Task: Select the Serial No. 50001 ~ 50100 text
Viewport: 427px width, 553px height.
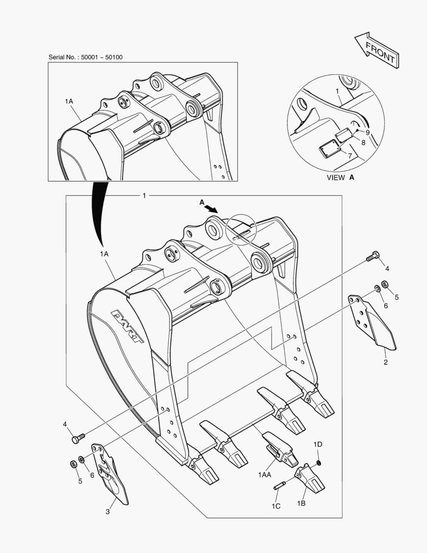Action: [85, 57]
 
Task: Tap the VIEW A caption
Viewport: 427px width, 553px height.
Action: [340, 178]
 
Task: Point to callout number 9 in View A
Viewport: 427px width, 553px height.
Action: [367, 132]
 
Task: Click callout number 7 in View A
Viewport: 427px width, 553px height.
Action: [350, 155]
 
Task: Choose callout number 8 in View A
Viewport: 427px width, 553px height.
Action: [363, 143]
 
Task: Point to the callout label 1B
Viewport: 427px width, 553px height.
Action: [301, 503]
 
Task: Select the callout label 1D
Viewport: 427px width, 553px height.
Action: [318, 444]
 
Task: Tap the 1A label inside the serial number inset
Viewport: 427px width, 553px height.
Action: [69, 102]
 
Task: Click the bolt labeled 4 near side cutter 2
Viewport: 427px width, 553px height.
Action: [372, 257]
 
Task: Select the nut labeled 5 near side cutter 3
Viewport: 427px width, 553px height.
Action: [73, 464]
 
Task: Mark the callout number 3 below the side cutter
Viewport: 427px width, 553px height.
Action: [107, 512]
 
